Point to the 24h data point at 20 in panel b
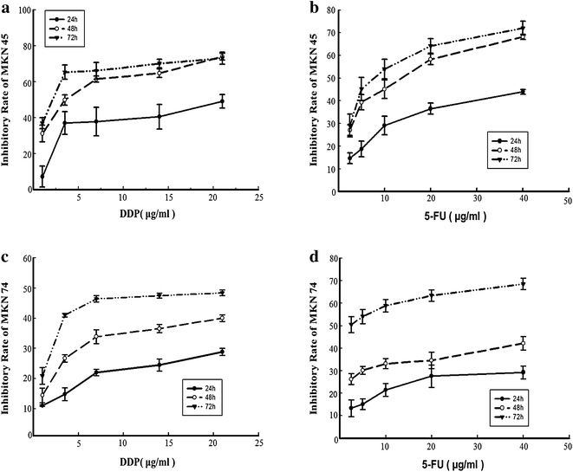click(x=431, y=108)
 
